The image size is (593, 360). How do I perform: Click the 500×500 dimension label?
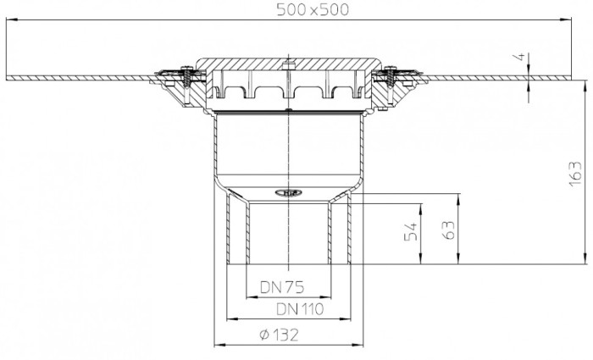[x=313, y=10]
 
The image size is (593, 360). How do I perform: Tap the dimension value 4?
[x=520, y=57]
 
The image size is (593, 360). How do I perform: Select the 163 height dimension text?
[x=574, y=174]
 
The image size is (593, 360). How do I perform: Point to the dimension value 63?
[x=448, y=230]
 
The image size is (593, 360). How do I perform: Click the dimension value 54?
[x=411, y=231]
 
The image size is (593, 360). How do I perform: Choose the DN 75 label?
[x=282, y=288]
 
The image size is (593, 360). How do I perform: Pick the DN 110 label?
[x=300, y=309]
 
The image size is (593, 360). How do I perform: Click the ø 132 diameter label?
[x=280, y=335]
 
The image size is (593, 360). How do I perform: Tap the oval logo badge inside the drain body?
[x=288, y=193]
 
